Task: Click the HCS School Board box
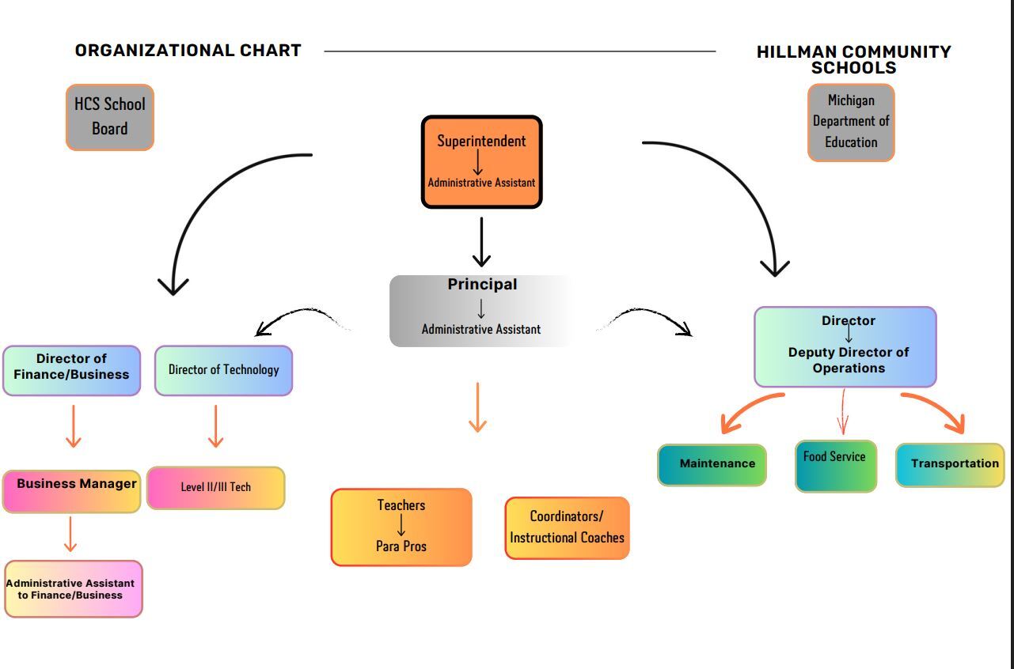(109, 117)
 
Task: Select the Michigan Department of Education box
(851, 122)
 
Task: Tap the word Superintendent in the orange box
(481, 141)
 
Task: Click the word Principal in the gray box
(482, 284)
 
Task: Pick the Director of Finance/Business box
(71, 369)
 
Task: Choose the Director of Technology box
(223, 369)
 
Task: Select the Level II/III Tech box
(215, 487)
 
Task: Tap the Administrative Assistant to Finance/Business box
(73, 588)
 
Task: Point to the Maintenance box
(712, 464)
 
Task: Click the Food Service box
(836, 466)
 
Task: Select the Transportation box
(950, 464)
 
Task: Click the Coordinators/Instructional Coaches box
(567, 527)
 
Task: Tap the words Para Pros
(401, 546)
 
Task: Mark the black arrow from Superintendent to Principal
(481, 242)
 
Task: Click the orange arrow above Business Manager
(74, 426)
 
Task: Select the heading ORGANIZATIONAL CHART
(188, 51)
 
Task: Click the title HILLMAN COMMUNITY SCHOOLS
(853, 59)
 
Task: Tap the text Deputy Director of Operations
(848, 360)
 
